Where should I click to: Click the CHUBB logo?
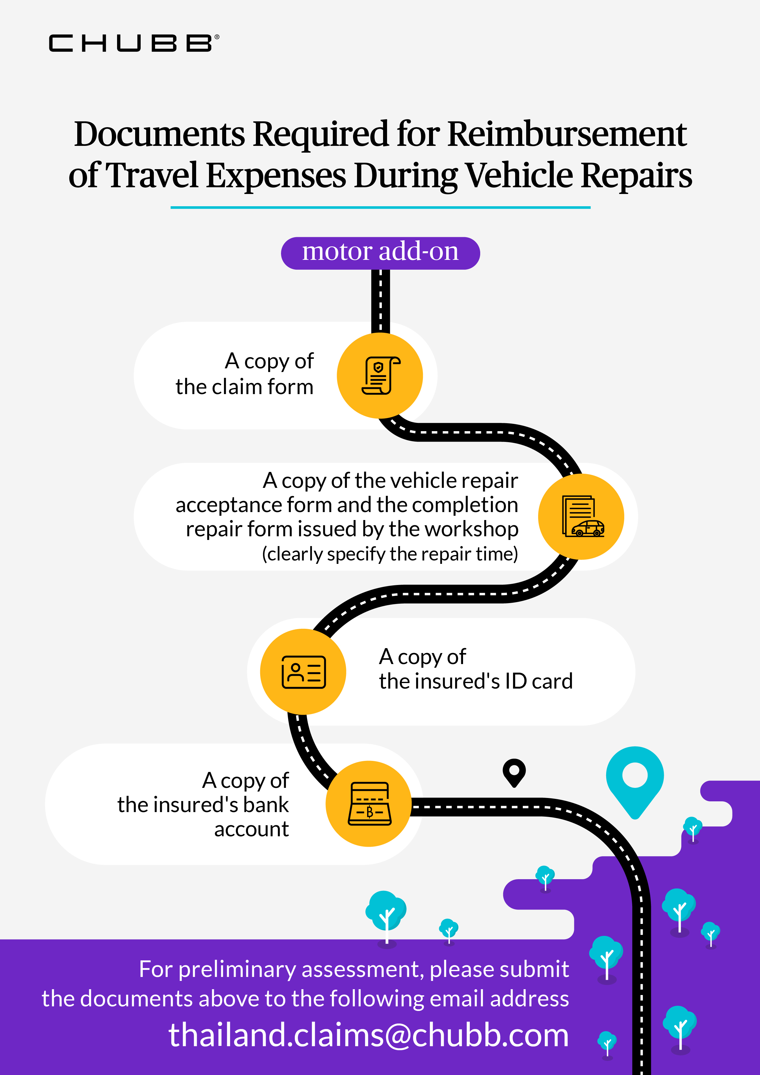tap(133, 43)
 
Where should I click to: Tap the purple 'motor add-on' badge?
tap(380, 253)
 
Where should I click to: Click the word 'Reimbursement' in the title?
tap(567, 134)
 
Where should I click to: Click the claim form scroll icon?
tap(380, 375)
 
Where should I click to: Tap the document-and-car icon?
tap(582, 516)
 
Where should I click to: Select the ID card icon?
tap(303, 672)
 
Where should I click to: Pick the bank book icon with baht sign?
tap(369, 803)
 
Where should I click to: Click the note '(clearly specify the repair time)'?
tap(389, 554)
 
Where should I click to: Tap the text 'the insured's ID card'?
tap(476, 681)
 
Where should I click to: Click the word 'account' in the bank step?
tap(252, 829)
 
